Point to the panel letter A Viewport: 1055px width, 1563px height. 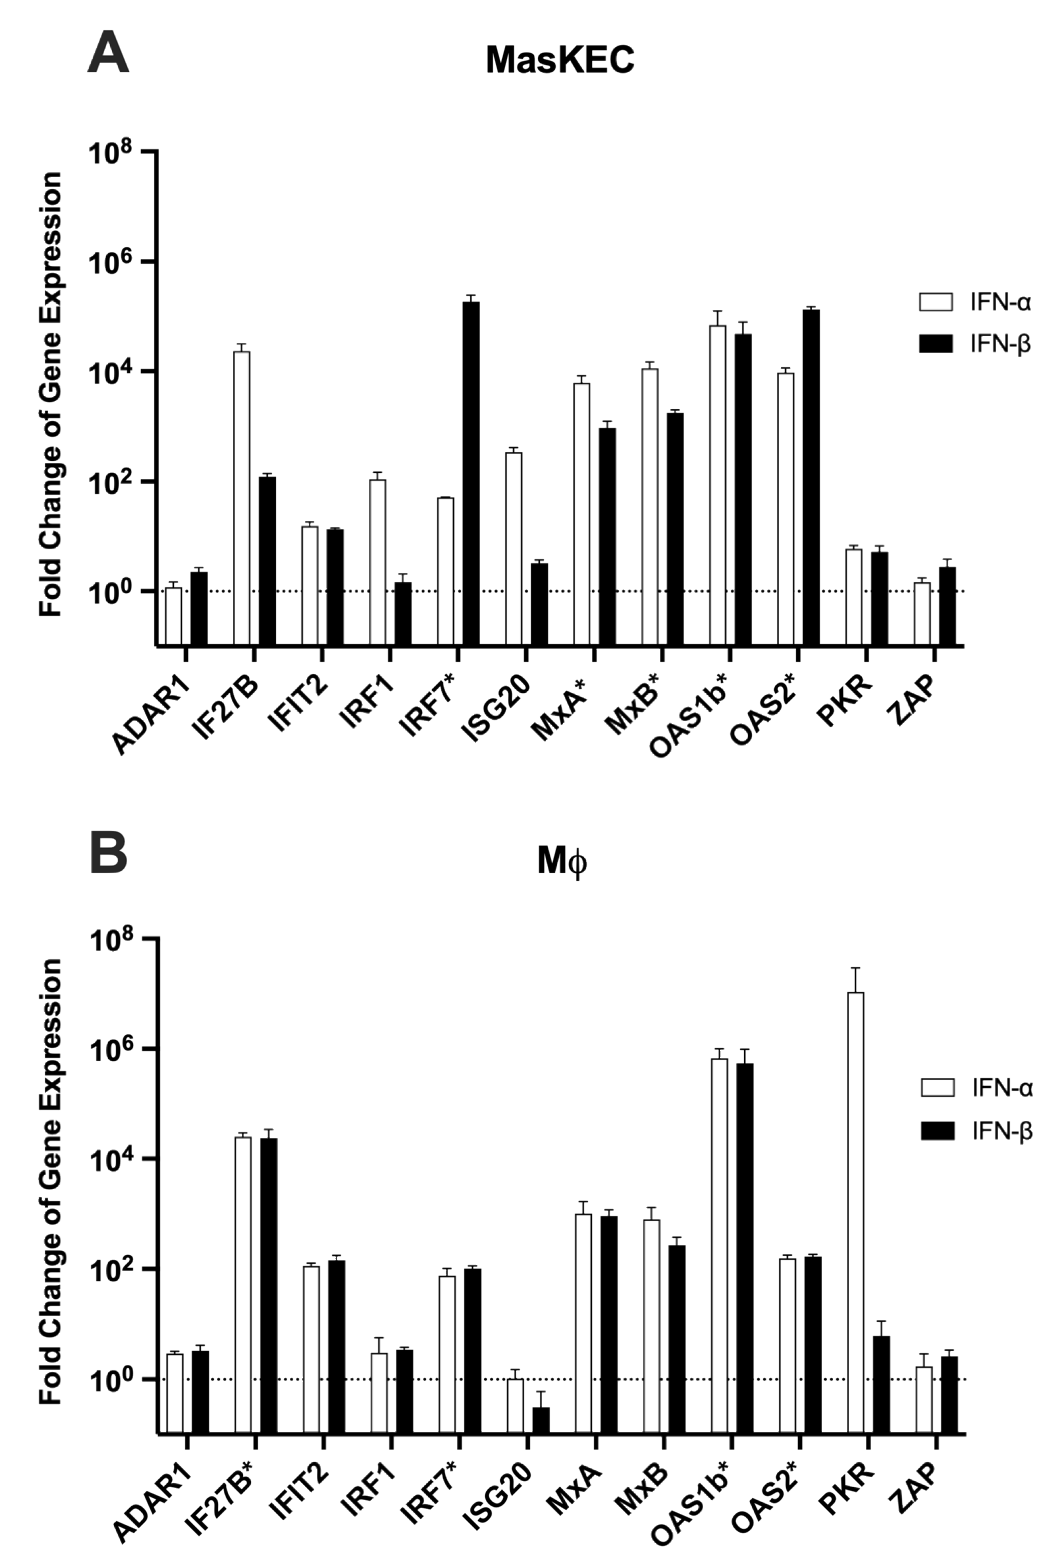[x=107, y=54]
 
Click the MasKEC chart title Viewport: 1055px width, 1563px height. [x=560, y=60]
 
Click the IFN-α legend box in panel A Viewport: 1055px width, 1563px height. [x=936, y=302]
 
